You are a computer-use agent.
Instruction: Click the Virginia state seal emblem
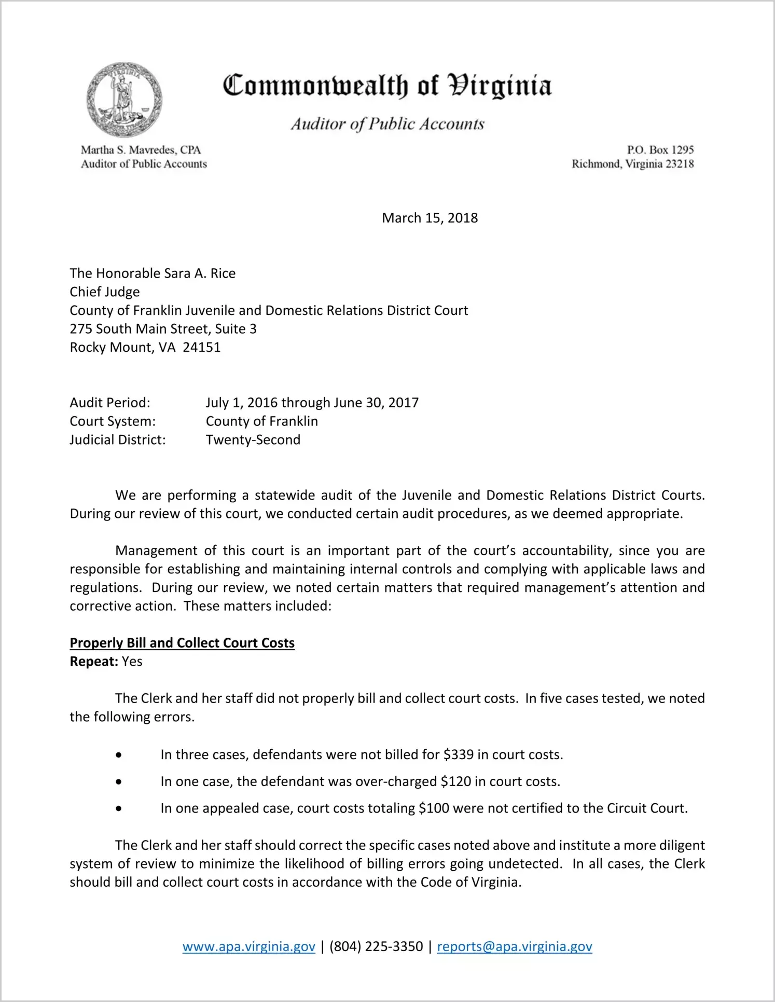coord(124,99)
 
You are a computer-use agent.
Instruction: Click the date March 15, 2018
coord(430,218)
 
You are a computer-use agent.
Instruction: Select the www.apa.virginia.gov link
coord(248,946)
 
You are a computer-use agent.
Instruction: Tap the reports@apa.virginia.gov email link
coord(514,946)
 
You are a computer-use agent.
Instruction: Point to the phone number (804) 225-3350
coord(376,946)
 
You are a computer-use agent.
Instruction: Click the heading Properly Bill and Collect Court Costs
coord(182,643)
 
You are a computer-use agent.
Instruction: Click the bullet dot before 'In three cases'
coord(119,755)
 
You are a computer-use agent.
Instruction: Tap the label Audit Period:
coord(110,403)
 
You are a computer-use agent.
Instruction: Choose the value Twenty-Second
coord(253,440)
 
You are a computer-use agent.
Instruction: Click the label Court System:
coord(113,421)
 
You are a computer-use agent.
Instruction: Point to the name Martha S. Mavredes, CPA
coord(141,150)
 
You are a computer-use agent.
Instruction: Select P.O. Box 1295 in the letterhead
coord(660,150)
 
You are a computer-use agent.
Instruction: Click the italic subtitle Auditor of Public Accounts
coord(387,124)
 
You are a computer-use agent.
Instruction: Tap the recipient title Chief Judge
coord(105,292)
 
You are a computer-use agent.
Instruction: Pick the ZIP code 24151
coord(202,348)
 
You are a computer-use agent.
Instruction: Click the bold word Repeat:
coord(94,662)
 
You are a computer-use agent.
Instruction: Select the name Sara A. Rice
coord(200,273)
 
